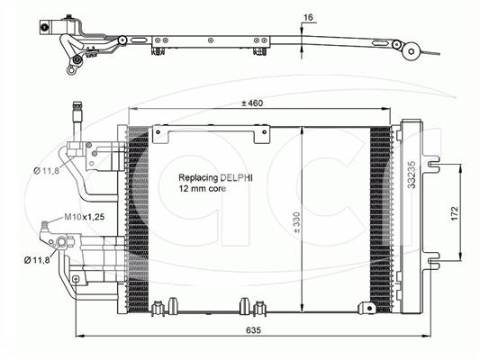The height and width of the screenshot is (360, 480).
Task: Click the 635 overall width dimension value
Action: (253, 329)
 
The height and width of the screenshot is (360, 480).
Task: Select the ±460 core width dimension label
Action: (251, 103)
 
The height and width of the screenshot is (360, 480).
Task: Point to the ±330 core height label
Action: (296, 222)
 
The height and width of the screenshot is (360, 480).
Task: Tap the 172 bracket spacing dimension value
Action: (455, 213)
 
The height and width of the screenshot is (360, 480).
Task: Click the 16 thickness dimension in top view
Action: (308, 17)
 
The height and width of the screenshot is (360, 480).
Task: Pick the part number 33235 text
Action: (412, 175)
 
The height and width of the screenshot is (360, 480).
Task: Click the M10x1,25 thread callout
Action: (84, 217)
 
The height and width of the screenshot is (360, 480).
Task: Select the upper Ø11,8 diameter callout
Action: (46, 170)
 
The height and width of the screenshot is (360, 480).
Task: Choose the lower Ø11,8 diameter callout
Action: (37, 260)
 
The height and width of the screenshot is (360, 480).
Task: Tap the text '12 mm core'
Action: (203, 188)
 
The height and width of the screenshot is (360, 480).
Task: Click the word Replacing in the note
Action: (198, 178)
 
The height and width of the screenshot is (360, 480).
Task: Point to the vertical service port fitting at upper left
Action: (77, 121)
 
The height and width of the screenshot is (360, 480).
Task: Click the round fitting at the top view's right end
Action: (411, 52)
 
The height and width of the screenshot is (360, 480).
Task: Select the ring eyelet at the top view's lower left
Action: (71, 70)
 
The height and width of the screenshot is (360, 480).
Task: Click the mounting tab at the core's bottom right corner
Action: (367, 308)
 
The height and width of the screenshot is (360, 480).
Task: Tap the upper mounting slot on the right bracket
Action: (433, 164)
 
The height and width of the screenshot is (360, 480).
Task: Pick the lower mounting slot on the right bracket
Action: (433, 261)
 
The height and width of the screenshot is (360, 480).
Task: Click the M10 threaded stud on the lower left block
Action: (45, 226)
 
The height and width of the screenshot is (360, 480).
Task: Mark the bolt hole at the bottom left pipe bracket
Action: (76, 279)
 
